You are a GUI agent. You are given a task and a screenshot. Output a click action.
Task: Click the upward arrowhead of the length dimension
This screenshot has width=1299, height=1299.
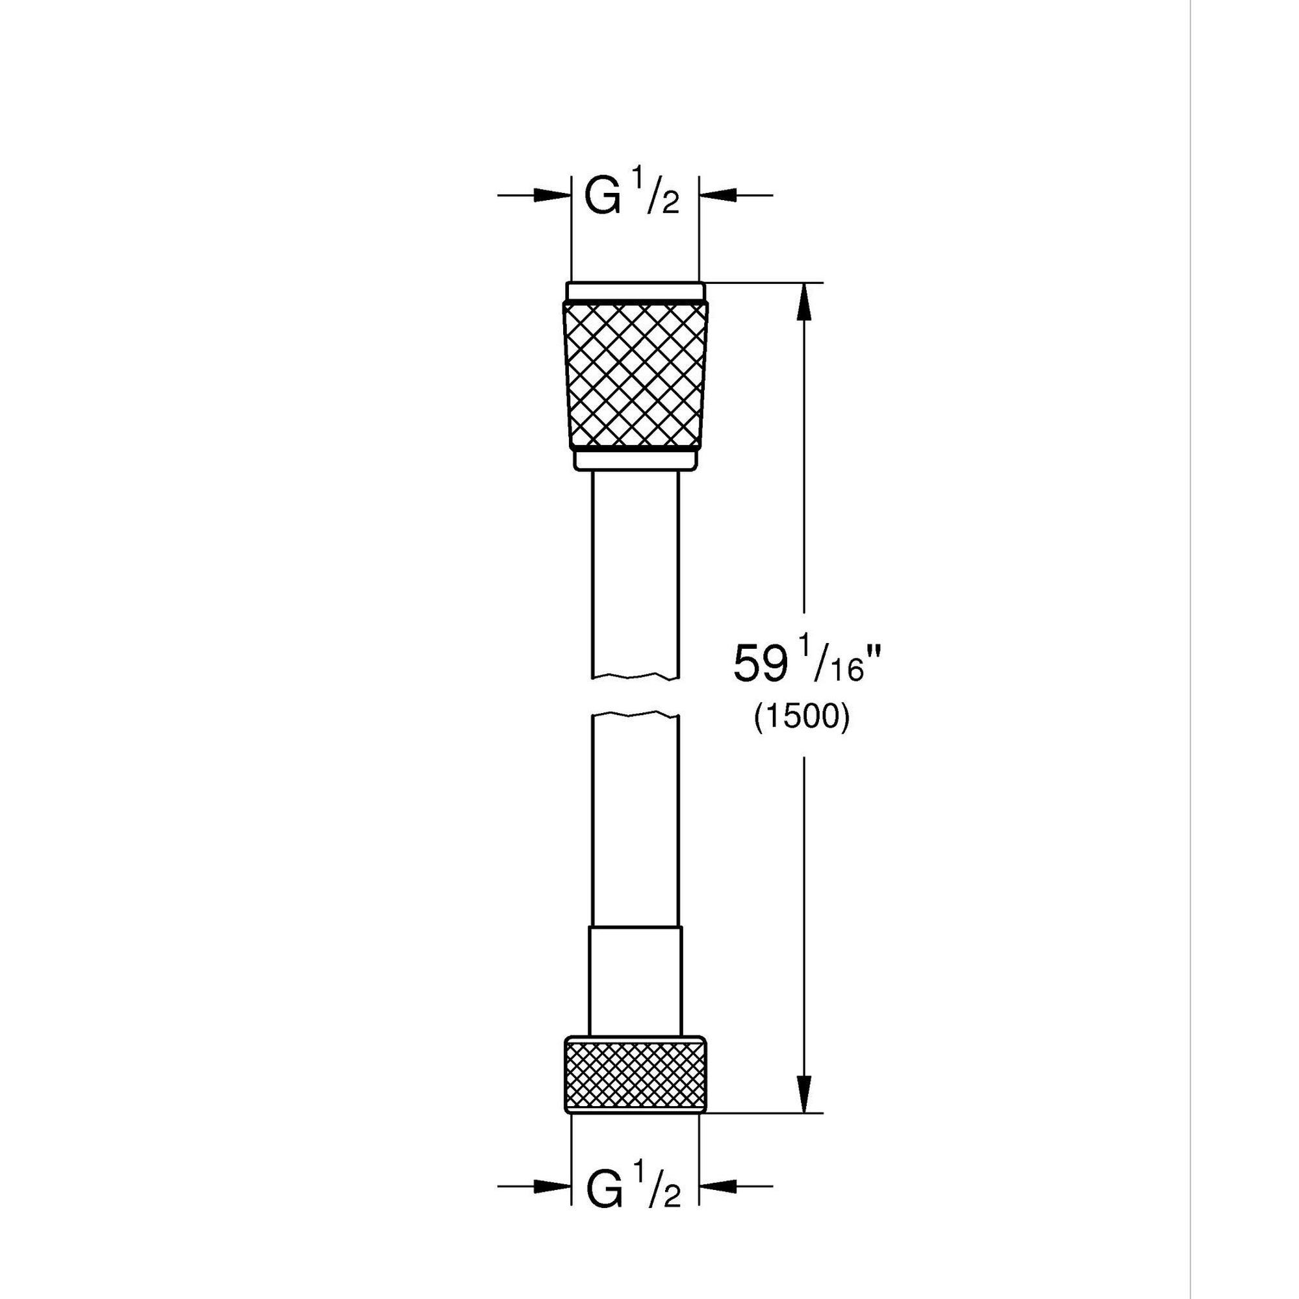click(804, 303)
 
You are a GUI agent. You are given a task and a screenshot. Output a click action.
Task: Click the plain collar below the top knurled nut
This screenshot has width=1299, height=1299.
click(635, 460)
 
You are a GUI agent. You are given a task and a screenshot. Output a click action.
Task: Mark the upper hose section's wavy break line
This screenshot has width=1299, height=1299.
click(635, 676)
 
